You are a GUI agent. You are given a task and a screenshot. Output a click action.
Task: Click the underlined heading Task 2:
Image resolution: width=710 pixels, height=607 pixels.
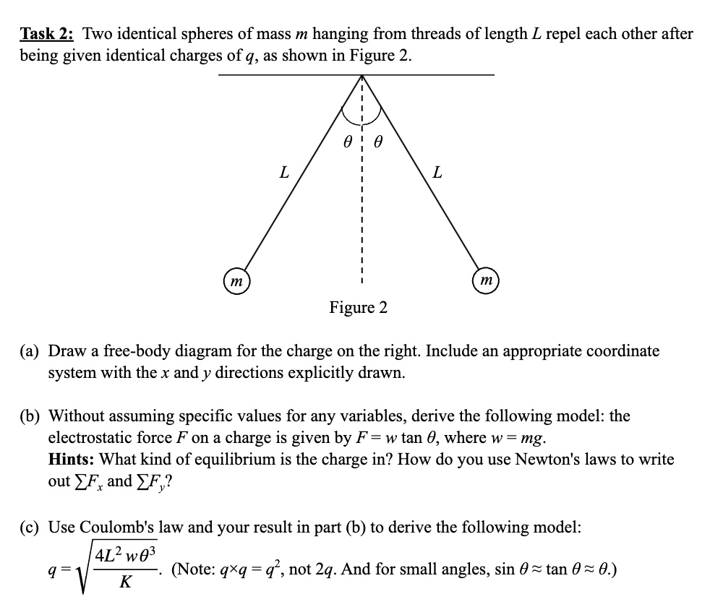48,34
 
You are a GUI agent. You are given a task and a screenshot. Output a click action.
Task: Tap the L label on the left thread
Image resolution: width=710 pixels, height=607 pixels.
283,173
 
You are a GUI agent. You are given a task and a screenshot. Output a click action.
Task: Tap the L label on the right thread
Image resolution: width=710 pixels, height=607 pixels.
437,173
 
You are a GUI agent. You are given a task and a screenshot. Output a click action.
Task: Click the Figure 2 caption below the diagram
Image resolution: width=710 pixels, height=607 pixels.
358,308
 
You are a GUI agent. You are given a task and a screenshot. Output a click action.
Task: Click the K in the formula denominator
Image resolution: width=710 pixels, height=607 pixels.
129,580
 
